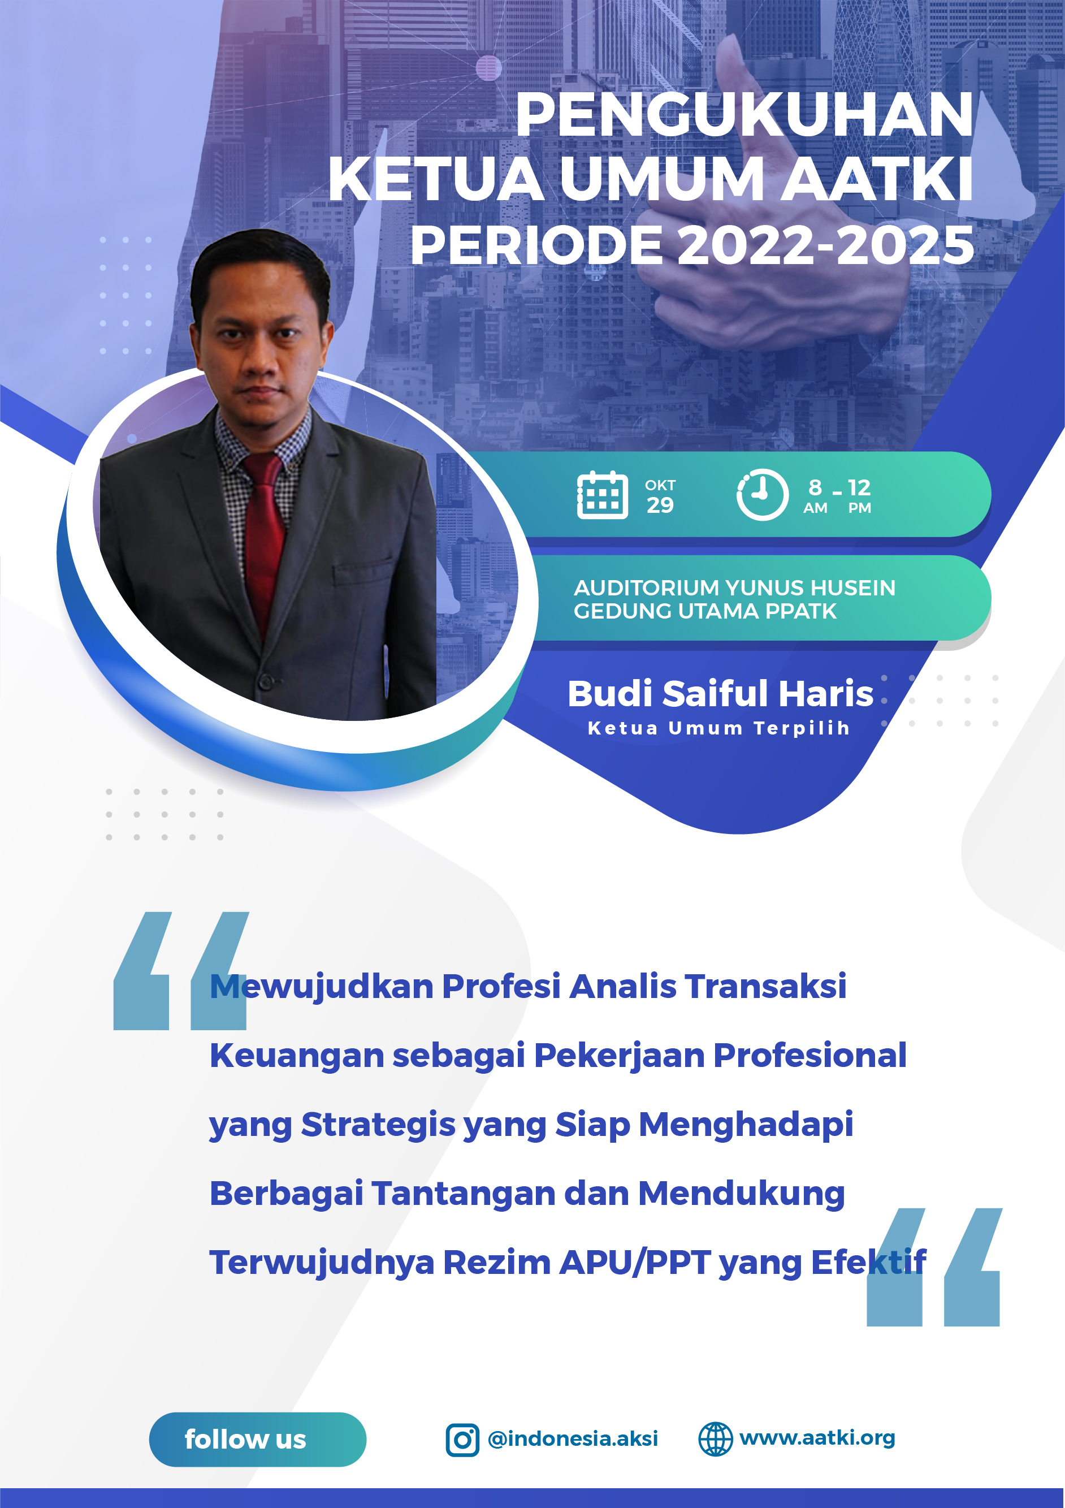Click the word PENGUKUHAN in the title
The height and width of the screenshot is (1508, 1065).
[744, 114]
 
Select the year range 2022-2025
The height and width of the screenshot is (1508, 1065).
[825, 245]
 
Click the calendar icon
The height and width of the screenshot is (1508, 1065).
[602, 495]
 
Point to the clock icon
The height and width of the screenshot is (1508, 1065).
[761, 495]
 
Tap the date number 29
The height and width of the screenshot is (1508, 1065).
[660, 505]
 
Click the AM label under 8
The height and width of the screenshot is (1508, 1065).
[815, 508]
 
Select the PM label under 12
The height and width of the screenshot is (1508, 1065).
[859, 508]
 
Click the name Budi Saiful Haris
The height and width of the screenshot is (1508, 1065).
[720, 694]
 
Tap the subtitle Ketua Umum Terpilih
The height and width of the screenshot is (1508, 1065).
[718, 728]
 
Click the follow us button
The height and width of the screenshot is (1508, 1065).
[257, 1439]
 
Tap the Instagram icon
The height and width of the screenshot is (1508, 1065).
[462, 1440]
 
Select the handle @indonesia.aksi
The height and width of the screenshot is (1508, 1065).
[573, 1438]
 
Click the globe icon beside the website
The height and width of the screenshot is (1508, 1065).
[715, 1439]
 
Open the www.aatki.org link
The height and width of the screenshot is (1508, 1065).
[817, 1438]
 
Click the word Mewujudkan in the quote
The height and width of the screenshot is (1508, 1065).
[321, 987]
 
